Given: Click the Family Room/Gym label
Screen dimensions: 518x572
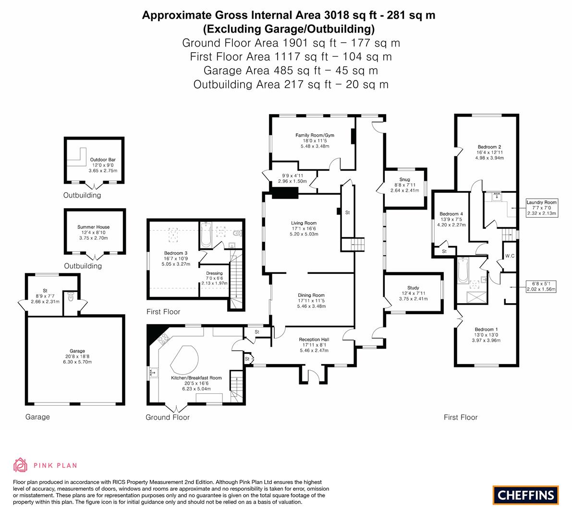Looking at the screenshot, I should pyautogui.click(x=315, y=135).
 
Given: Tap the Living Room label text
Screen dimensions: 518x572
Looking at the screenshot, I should pyautogui.click(x=304, y=223).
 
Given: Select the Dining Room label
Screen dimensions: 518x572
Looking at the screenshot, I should pyautogui.click(x=311, y=295).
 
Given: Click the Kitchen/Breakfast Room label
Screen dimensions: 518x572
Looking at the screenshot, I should pyautogui.click(x=196, y=378).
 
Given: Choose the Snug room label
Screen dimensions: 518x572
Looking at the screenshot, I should pyautogui.click(x=404, y=179).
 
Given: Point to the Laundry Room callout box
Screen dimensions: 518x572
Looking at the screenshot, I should pyautogui.click(x=541, y=208).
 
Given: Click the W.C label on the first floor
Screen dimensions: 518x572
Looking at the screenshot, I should pyautogui.click(x=510, y=256).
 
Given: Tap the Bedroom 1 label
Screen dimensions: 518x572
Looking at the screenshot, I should pyautogui.click(x=486, y=330).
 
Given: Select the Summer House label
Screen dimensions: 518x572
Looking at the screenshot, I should pyautogui.click(x=93, y=227).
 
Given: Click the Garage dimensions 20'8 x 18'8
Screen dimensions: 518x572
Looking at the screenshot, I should pyautogui.click(x=77, y=356).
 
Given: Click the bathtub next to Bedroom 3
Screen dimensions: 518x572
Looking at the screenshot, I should pyautogui.click(x=205, y=235).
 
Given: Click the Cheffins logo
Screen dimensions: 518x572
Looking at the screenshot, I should pyautogui.click(x=525, y=495).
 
